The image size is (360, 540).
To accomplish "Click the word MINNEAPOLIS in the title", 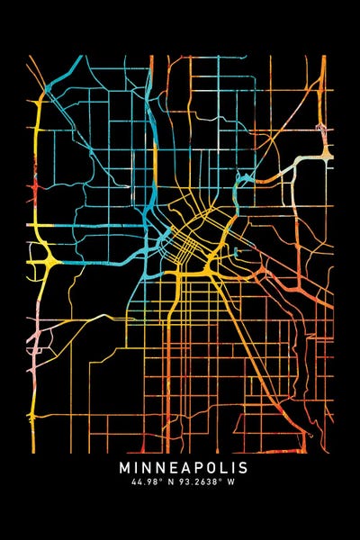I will pyautogui.click(x=183, y=468).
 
